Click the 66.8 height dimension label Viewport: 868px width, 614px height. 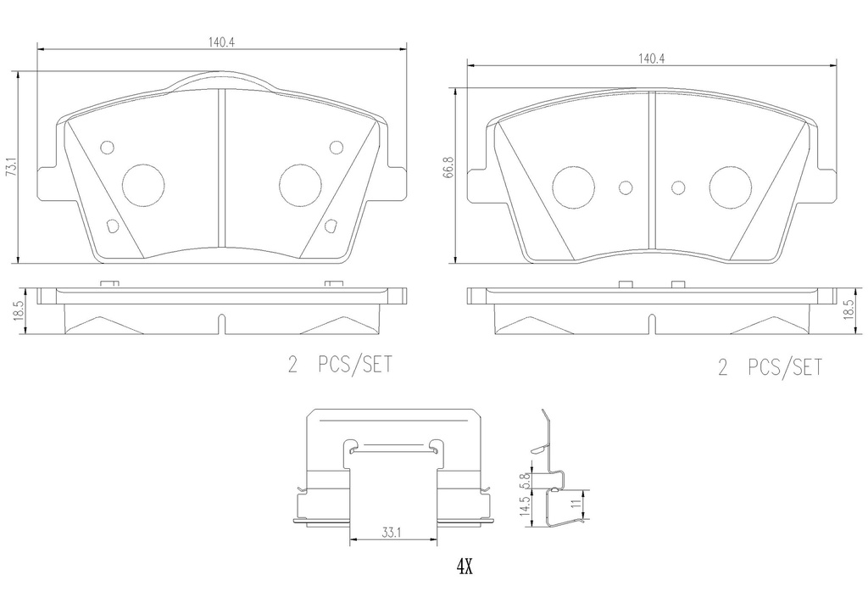(x=449, y=167)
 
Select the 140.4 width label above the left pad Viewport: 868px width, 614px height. (x=222, y=42)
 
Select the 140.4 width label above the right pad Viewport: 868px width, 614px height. (x=651, y=59)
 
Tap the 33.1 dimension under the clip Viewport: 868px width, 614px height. (x=391, y=533)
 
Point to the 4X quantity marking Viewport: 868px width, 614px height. (x=464, y=567)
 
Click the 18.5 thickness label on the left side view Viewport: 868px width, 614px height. (x=18, y=311)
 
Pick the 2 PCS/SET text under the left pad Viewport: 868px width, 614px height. (x=340, y=365)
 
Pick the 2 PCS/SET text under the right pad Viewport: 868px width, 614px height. (x=770, y=367)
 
